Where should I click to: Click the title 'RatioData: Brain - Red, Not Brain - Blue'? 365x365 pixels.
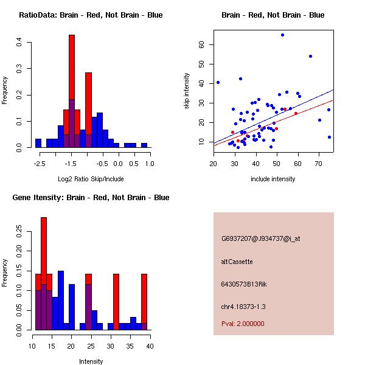point(91,15)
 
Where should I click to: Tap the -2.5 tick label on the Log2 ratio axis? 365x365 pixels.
point(38,163)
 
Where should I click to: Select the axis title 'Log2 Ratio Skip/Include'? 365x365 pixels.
point(91,179)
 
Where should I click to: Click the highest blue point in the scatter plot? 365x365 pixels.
point(282,35)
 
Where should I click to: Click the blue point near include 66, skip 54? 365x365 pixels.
point(310,56)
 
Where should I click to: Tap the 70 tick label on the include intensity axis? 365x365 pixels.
point(319,163)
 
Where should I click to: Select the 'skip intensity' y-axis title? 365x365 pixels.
point(187,91)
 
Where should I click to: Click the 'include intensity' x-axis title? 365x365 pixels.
point(273,179)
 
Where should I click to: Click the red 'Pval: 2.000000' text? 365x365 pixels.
point(243,324)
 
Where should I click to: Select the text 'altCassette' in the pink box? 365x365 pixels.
point(237,262)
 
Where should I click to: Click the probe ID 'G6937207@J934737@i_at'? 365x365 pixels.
point(261,238)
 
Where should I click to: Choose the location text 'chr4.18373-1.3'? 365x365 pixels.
point(243,307)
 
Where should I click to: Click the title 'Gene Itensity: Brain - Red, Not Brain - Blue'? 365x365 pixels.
point(91,197)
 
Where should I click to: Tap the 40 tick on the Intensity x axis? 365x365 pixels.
point(150,346)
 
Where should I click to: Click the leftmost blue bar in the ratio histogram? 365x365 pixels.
point(38,144)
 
